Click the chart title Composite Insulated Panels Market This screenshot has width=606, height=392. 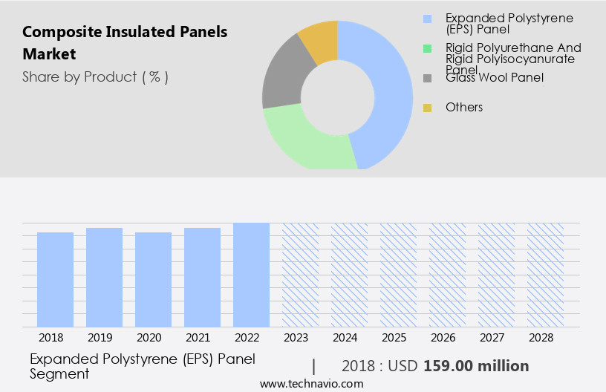(125, 43)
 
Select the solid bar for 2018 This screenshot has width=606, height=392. (55, 279)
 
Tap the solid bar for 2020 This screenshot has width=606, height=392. (153, 279)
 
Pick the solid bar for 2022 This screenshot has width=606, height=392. (251, 275)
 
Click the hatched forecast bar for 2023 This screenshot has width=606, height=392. (300, 275)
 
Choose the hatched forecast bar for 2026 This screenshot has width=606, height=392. (447, 275)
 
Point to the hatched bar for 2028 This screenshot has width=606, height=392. (545, 275)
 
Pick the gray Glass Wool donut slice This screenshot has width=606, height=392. (281, 82)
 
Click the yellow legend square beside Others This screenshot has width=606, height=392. (427, 108)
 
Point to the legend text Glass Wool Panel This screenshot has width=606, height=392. (495, 77)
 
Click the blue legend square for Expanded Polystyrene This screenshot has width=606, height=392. (427, 19)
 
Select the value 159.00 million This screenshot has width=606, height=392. (476, 366)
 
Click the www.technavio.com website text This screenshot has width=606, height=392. (312, 384)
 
